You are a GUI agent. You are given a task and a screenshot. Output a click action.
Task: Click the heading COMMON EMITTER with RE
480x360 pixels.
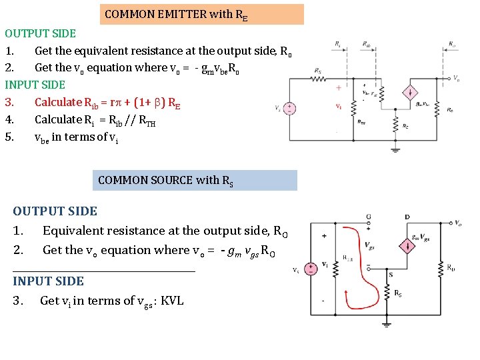pos(201,14)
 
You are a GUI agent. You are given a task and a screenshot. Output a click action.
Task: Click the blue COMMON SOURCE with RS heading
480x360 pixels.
pos(194,180)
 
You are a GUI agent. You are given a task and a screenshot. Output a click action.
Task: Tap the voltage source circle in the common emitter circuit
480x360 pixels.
pos(290,108)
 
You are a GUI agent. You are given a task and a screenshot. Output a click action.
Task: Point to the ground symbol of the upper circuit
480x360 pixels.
pos(395,149)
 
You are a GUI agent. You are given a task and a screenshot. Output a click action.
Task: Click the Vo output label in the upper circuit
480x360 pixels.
pos(456,79)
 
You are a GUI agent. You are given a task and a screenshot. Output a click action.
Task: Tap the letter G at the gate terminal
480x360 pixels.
pos(350,217)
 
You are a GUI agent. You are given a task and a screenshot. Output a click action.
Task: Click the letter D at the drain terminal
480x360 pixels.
pos(407,217)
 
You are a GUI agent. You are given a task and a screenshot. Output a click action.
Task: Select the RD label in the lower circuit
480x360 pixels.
pos(452,268)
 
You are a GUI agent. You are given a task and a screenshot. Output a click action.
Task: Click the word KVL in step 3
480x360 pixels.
pos(172,301)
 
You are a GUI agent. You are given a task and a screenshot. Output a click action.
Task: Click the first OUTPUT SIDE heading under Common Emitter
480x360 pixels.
pos(40,33)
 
